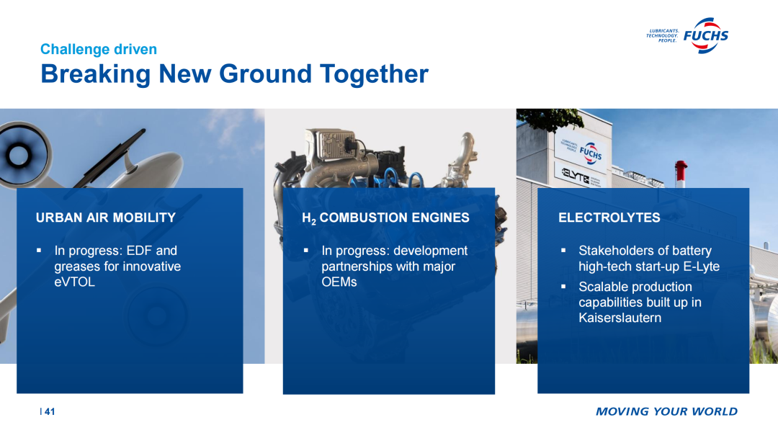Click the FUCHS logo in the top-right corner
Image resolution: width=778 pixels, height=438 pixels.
[x=688, y=35]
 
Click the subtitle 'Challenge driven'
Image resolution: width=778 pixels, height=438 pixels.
[x=98, y=49]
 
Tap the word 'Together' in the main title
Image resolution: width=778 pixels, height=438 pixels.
[x=374, y=74]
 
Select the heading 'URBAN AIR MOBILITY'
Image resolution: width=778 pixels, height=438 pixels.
[x=106, y=218]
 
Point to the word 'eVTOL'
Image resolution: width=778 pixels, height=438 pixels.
[x=74, y=282]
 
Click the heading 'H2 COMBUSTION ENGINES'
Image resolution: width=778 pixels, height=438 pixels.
[x=385, y=218]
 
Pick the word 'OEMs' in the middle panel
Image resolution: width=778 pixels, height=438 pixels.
[x=339, y=282]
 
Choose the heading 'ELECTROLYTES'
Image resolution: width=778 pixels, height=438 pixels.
[x=609, y=218]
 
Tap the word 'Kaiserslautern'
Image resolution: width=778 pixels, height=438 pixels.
[x=620, y=318]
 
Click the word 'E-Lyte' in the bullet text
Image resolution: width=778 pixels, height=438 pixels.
[x=701, y=267]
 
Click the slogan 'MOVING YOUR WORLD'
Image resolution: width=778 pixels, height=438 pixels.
[x=666, y=411]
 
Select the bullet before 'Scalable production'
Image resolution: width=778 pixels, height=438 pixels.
[x=563, y=287]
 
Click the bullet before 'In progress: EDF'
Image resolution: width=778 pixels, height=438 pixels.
[x=39, y=251]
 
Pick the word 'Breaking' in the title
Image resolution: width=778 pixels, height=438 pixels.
[x=95, y=74]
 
